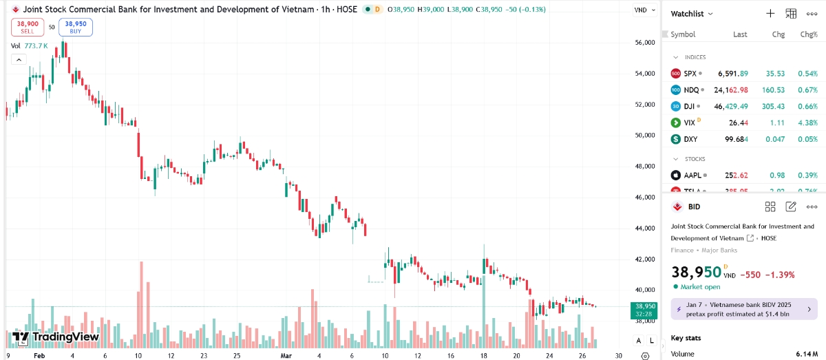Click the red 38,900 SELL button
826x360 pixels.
(x=28, y=27)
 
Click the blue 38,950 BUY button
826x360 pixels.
(x=76, y=27)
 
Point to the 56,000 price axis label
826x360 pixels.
(x=644, y=43)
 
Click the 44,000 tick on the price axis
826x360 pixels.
(x=644, y=229)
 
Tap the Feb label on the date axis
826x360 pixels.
(x=39, y=355)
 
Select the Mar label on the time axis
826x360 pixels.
(x=286, y=355)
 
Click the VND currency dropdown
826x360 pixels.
(x=643, y=10)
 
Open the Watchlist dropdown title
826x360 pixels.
(x=692, y=14)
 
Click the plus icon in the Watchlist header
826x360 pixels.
(x=770, y=14)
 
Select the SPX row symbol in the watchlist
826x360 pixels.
(x=690, y=73)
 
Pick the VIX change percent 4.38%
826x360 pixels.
(x=807, y=123)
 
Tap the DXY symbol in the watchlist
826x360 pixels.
(x=690, y=139)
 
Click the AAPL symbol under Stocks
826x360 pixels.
(x=692, y=175)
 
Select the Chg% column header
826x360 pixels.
(x=808, y=34)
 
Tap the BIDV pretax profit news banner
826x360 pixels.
(x=743, y=308)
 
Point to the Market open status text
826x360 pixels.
(x=700, y=286)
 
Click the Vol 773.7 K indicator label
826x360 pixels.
(x=30, y=46)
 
